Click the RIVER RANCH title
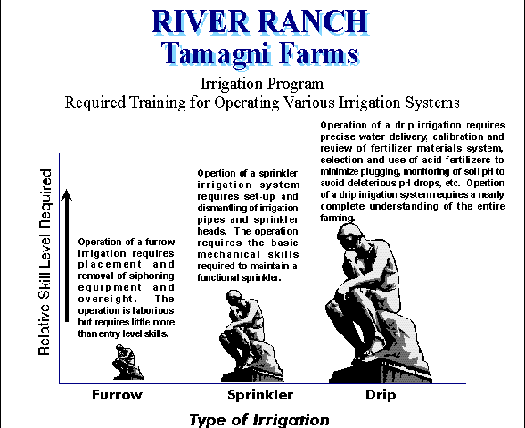click(x=260, y=21)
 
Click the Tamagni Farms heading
click(x=260, y=53)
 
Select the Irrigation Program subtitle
click(x=262, y=84)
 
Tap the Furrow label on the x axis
click(x=117, y=395)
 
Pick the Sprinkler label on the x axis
click(x=260, y=395)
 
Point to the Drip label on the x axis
click(x=381, y=396)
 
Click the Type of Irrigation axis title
click(x=259, y=420)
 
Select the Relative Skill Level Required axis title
click(x=45, y=262)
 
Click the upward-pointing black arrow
click(x=67, y=256)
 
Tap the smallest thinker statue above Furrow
click(x=127, y=362)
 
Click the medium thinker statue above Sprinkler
click(x=251, y=335)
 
